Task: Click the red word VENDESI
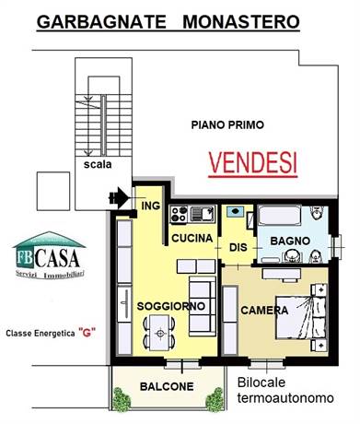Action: [x=253, y=163]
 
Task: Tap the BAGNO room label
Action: [x=290, y=241]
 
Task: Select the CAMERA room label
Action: [x=264, y=311]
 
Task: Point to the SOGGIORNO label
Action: [x=171, y=306]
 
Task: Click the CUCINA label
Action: [x=192, y=238]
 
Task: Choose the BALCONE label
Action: [x=167, y=386]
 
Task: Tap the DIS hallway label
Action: [x=238, y=247]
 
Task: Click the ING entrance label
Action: [x=151, y=206]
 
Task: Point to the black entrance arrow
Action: [x=119, y=197]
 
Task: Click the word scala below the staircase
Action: [x=98, y=164]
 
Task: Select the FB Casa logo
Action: [x=49, y=255]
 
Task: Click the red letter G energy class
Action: [x=87, y=332]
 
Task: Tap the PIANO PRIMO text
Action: [x=227, y=125]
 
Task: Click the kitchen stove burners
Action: [x=180, y=214]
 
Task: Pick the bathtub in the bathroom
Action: [x=279, y=216]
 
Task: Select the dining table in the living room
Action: [x=159, y=333]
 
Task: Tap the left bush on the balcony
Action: [x=121, y=399]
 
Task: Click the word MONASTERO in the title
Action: [x=241, y=22]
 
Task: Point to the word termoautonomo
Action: [x=285, y=398]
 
